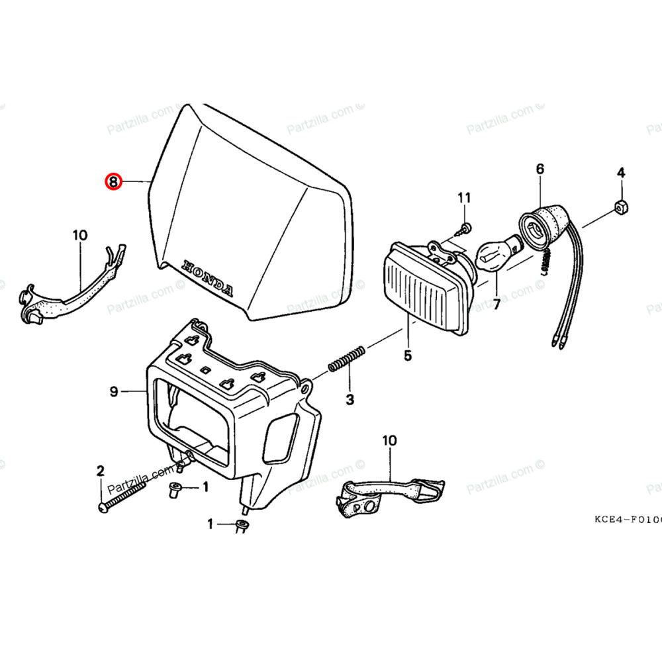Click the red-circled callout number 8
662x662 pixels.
tap(114, 181)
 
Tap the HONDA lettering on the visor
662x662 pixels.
tap(207, 277)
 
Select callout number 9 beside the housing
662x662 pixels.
tap(114, 392)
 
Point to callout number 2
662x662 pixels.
tap(101, 471)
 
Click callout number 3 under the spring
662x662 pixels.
tap(350, 399)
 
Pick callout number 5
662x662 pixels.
tap(407, 355)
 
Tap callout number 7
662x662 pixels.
tap(495, 305)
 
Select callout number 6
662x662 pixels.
tap(540, 169)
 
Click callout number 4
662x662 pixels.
tap(620, 173)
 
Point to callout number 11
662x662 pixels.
tap(464, 197)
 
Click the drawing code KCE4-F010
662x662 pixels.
tap(626, 518)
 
